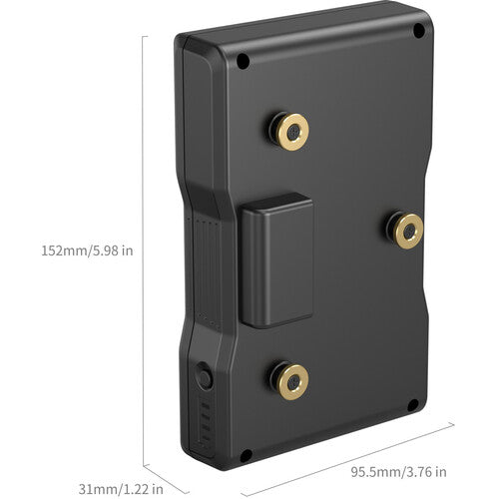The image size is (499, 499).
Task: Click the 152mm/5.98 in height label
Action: [87, 250]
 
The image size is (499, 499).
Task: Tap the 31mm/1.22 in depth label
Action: [121, 489]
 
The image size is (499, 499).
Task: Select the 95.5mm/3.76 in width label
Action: [399, 472]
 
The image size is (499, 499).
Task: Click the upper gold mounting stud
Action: [289, 132]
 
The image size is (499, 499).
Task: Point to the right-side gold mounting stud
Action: [405, 230]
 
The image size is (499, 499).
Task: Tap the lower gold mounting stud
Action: [289, 381]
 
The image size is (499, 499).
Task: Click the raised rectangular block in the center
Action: [277, 260]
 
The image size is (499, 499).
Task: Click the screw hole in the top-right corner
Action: [419, 31]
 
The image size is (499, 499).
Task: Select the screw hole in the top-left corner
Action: [244, 61]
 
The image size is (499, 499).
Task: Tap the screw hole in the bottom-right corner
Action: [413, 405]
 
